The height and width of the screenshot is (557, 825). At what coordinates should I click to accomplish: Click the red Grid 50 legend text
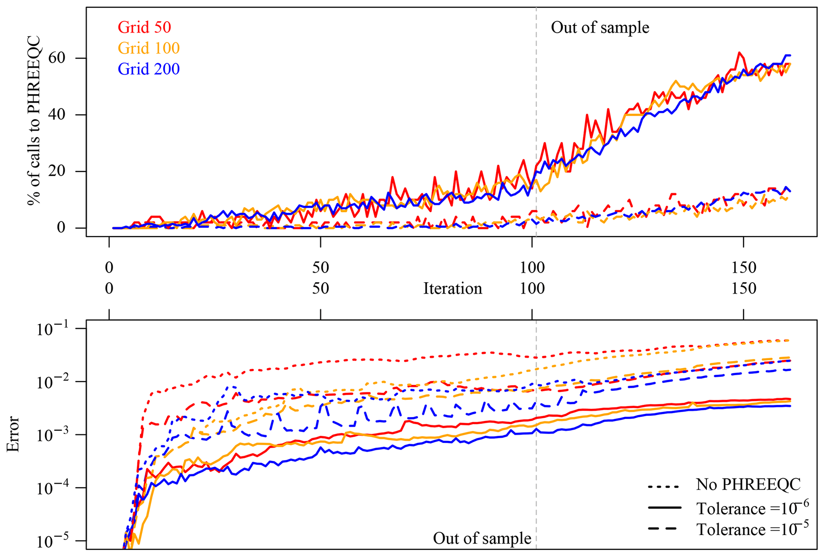(144, 27)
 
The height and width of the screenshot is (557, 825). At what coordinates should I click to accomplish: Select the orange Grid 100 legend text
(148, 48)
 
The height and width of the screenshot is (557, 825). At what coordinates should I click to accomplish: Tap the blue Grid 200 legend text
(148, 69)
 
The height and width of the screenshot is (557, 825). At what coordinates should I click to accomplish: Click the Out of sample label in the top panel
(600, 28)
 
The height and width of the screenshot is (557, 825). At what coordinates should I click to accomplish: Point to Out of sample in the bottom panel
(482, 538)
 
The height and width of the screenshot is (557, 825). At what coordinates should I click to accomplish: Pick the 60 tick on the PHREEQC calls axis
(55, 58)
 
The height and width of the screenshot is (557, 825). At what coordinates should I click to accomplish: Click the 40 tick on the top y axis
(55, 115)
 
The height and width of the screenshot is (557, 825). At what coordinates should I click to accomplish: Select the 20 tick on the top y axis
(55, 171)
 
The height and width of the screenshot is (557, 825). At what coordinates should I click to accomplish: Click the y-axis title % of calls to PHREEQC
(34, 120)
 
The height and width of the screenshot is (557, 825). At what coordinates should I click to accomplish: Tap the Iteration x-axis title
(453, 288)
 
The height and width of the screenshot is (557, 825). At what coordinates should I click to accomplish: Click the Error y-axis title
(13, 434)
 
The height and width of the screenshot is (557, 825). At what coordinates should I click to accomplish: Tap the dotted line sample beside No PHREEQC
(663, 487)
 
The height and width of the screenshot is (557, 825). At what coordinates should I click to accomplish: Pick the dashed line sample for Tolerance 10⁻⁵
(663, 529)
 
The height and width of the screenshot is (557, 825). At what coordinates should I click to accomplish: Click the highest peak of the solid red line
(739, 52)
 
